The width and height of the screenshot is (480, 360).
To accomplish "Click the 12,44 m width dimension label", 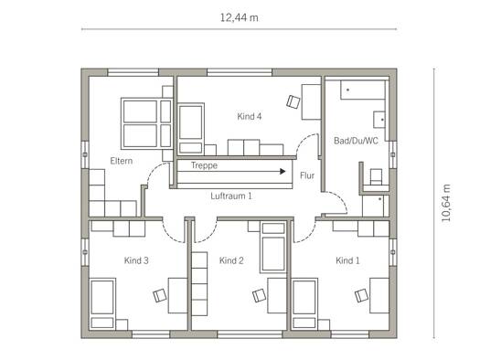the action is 239,17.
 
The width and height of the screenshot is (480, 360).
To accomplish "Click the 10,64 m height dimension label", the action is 446,203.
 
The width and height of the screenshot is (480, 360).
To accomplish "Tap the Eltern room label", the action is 122,161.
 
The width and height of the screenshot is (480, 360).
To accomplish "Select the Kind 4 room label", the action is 250,116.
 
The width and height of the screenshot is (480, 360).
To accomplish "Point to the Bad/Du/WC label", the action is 356,141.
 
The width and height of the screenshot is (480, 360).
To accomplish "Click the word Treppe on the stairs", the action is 204,165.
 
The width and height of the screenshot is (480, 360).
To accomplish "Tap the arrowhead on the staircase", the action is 283,171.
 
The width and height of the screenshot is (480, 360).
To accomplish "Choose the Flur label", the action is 307,175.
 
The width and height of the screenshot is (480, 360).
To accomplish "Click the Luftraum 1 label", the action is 231,196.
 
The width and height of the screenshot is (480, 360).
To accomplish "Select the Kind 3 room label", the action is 136,260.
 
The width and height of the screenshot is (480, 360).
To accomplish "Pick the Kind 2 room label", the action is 231,260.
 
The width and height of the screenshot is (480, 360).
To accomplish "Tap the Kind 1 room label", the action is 347,260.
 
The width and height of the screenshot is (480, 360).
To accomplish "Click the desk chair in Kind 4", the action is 293,101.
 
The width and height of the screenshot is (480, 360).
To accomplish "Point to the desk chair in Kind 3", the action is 160,295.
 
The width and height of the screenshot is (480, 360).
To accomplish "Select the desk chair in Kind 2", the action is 260,295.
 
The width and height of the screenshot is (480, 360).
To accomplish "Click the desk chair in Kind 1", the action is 362,295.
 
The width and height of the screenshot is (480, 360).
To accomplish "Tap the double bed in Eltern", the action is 147,122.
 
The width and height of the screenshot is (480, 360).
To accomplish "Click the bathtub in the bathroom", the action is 363,90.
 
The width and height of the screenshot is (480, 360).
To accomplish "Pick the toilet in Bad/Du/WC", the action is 376,177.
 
